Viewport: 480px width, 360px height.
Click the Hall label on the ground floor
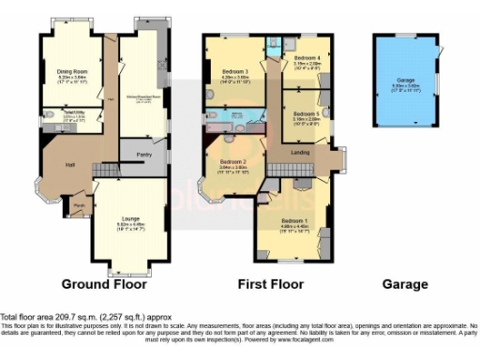click(69, 165)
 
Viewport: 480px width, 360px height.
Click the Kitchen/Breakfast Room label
click(143, 97)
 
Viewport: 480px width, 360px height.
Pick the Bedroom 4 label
click(306, 58)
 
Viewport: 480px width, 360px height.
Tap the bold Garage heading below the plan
click(404, 283)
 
